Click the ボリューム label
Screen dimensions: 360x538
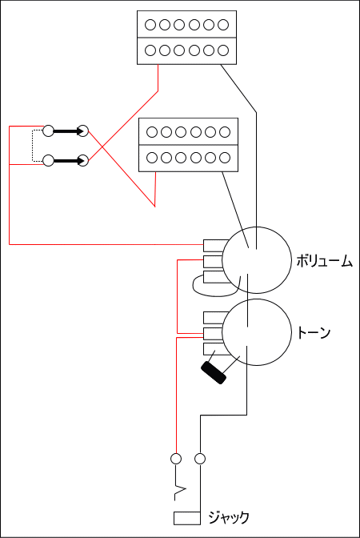click(x=324, y=262)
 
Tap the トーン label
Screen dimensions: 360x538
click(x=314, y=332)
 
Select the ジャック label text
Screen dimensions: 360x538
click(x=228, y=517)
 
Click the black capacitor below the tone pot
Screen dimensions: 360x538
click(x=214, y=372)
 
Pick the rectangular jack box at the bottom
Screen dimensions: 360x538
click(x=187, y=518)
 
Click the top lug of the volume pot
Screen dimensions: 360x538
click(x=215, y=245)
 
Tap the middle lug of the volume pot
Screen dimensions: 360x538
click(x=214, y=262)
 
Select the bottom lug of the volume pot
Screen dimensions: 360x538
click(x=215, y=277)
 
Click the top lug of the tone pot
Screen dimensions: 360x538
click(x=215, y=318)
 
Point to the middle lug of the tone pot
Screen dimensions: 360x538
click(x=214, y=334)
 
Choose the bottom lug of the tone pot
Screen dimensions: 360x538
click(x=215, y=349)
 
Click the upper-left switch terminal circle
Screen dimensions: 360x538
click(x=48, y=130)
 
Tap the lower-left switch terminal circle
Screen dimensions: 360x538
click(x=48, y=161)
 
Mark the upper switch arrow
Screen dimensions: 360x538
click(x=70, y=130)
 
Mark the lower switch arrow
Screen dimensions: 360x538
click(x=70, y=161)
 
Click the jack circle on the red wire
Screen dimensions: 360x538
click(x=176, y=459)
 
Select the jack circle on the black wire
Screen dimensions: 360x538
click(x=200, y=459)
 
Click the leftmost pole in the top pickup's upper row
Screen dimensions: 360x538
click(x=150, y=25)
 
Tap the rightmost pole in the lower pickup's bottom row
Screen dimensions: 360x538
click(x=225, y=158)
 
